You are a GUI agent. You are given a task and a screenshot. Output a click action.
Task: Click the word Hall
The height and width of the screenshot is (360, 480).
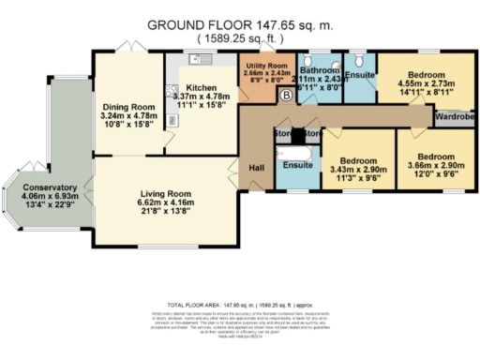256,167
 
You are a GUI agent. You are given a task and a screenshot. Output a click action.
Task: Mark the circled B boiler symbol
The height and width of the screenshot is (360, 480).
286,96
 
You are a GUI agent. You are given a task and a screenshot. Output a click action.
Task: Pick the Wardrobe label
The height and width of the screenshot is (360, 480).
453,118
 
